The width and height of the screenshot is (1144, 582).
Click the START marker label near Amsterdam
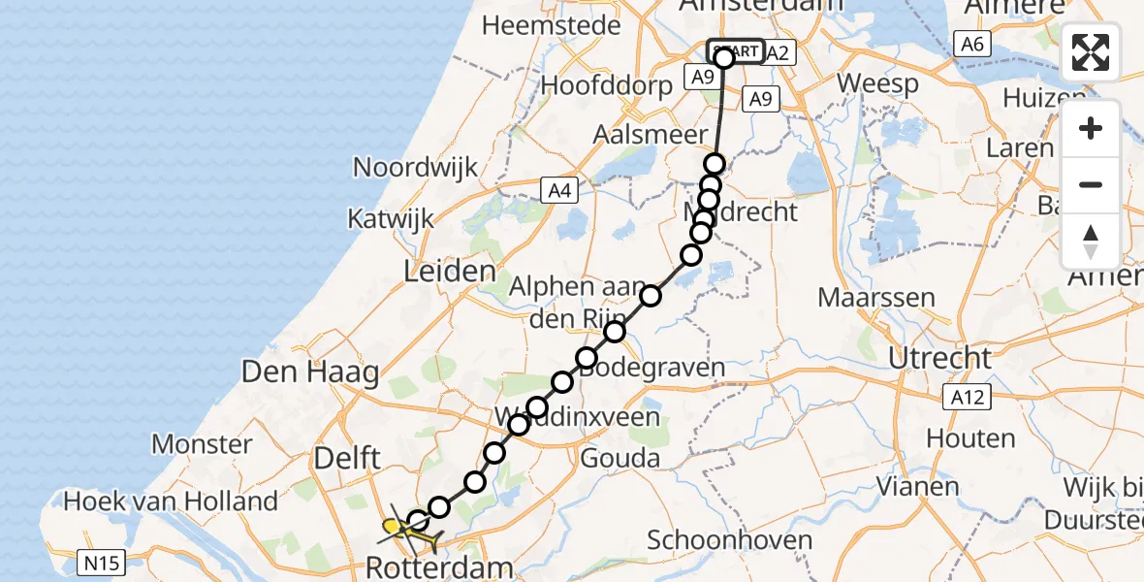(735, 50)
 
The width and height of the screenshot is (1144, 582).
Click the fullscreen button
(1091, 52)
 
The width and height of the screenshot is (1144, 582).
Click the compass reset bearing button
(1091, 242)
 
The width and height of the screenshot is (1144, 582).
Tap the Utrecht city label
(939, 358)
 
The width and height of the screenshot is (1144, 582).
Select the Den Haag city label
(310, 372)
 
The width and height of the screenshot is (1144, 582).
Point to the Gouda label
(620, 458)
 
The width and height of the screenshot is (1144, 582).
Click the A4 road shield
(559, 191)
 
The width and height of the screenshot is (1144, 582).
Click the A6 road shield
(972, 43)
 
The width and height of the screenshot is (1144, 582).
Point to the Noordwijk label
(415, 167)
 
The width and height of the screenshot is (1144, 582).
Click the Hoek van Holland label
(171, 501)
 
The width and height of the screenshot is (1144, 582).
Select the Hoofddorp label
(606, 85)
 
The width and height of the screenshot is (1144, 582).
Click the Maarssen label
(876, 297)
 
